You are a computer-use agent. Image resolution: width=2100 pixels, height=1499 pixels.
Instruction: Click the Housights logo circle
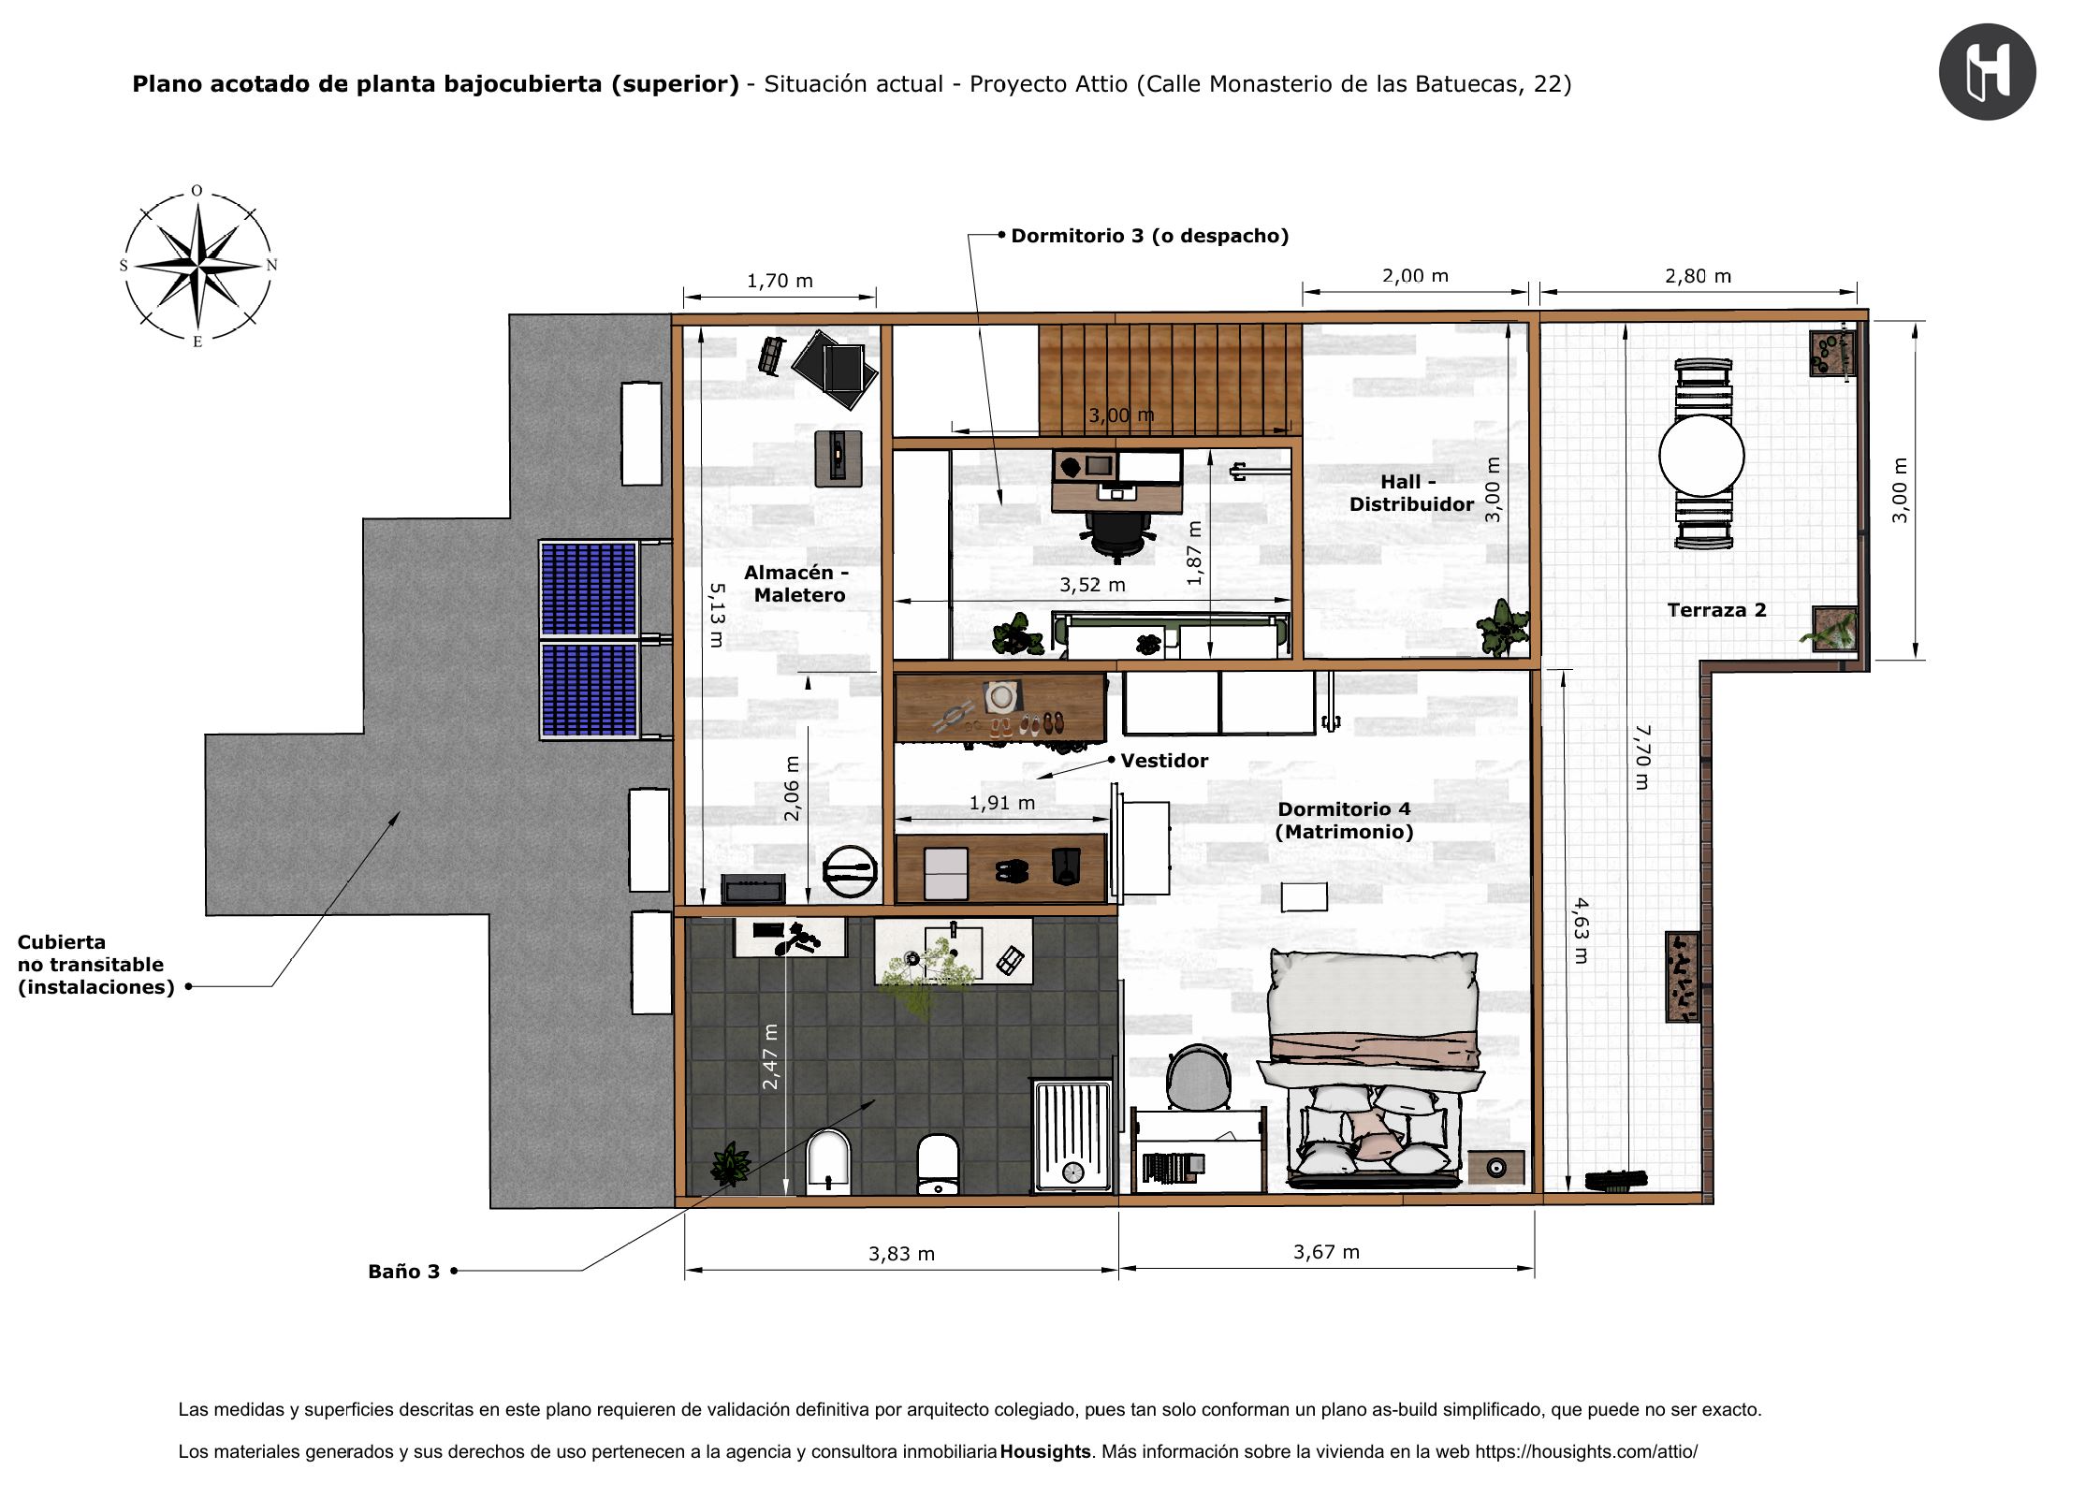tap(1987, 72)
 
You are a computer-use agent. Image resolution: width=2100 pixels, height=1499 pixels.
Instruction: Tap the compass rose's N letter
tap(271, 265)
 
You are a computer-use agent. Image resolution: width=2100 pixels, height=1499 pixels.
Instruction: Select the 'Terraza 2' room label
tap(1716, 610)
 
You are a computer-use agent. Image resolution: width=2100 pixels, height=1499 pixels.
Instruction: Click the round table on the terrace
tap(1701, 456)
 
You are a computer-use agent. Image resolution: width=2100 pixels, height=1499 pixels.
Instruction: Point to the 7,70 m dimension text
tap(1642, 757)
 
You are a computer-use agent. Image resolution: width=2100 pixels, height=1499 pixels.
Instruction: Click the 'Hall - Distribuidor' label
tap(1411, 493)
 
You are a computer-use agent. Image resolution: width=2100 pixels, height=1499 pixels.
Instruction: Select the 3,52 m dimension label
tap(1092, 585)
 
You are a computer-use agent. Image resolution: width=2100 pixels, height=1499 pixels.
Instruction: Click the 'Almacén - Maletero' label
tap(797, 584)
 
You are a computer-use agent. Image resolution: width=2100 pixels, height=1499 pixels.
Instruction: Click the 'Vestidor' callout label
tap(1164, 761)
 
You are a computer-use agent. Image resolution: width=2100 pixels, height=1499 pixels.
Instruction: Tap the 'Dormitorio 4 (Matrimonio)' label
tap(1344, 821)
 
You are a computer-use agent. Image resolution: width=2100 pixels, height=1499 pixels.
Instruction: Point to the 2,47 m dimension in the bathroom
tap(770, 1056)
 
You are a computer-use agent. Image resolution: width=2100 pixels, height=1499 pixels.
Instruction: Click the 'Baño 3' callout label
tap(403, 1272)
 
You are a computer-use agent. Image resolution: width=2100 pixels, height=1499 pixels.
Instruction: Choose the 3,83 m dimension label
tap(901, 1254)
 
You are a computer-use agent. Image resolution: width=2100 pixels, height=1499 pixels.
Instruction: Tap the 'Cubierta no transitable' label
tap(95, 965)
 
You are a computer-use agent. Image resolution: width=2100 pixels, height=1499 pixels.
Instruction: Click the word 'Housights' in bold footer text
tap(1045, 1451)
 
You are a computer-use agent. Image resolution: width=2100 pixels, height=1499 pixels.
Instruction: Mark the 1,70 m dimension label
tap(780, 281)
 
